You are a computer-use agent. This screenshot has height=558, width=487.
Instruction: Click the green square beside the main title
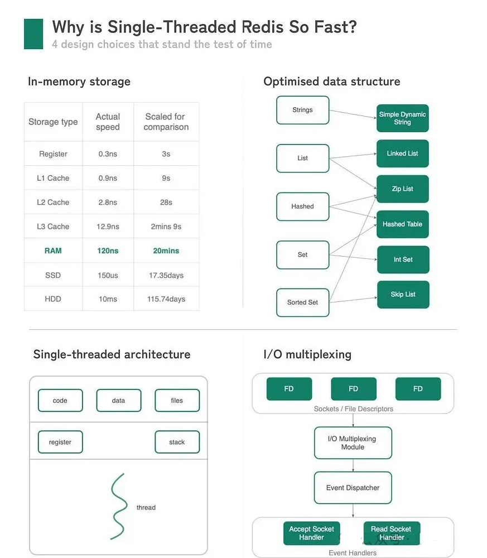[33, 33]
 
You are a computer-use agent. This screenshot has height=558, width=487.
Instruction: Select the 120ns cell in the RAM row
[108, 251]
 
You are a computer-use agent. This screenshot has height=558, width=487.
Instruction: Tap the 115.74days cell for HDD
[166, 299]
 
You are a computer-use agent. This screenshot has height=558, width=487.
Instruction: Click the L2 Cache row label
[53, 202]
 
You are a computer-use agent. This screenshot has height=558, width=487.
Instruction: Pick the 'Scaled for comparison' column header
[166, 122]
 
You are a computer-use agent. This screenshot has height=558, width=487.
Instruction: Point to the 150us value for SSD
[108, 275]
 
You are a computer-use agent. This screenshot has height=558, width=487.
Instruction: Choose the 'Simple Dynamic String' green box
[402, 118]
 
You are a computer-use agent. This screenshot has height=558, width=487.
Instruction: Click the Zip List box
[402, 189]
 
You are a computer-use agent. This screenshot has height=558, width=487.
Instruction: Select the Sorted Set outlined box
[302, 302]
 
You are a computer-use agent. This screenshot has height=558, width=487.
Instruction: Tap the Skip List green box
[403, 294]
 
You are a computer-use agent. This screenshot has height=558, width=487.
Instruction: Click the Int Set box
[403, 259]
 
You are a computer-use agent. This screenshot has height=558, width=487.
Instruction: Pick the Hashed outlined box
[302, 206]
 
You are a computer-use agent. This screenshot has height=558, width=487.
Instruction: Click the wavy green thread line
[118, 507]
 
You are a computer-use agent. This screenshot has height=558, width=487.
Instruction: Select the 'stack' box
[177, 442]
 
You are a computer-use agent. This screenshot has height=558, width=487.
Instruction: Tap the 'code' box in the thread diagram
[60, 401]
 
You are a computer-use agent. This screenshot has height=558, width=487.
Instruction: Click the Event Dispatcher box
[353, 488]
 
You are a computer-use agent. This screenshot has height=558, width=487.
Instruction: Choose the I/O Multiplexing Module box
[353, 443]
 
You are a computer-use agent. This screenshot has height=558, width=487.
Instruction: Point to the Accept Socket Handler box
[311, 533]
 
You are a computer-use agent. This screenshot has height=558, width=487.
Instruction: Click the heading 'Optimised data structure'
[331, 81]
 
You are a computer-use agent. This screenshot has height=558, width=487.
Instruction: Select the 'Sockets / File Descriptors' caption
[353, 409]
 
